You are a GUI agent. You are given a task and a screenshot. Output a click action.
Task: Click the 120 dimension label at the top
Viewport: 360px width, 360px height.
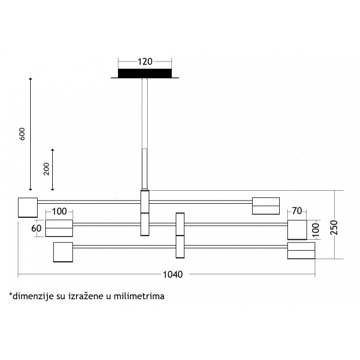pos(145,61)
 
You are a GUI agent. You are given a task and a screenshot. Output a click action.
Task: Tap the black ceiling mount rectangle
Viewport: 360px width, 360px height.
pos(144,73)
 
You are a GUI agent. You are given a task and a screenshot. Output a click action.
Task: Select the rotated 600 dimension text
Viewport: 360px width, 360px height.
pos(22,134)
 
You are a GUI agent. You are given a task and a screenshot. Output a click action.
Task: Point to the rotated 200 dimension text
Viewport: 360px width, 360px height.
pos(46,169)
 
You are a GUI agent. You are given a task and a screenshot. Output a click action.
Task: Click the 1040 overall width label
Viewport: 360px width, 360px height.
pos(172,274)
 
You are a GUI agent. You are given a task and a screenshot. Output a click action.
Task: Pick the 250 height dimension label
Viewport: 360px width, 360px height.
pos(334,227)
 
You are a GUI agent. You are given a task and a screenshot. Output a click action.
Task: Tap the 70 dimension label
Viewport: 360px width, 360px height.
pos(297,211)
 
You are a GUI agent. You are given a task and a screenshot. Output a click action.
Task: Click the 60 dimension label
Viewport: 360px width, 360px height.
pos(36,228)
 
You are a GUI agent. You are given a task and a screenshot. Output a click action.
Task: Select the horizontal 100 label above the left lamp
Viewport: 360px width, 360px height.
pos(59,211)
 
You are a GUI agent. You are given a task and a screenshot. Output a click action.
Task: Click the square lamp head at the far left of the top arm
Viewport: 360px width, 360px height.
pos(28,207)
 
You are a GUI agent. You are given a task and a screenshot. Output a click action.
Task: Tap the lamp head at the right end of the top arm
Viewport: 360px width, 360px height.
pos(266,206)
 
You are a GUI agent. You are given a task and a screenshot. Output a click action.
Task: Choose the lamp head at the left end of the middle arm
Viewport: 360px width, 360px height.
pos(59,228)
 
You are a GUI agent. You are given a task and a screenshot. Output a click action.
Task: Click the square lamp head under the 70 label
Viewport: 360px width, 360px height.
pos(297,230)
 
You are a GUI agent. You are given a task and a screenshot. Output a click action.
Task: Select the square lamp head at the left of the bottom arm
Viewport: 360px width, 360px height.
pos(63,252)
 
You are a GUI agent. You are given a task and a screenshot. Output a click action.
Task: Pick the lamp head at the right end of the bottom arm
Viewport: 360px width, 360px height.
pos(301,251)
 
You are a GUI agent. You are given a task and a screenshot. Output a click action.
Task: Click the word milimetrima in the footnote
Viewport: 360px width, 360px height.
pos(139,296)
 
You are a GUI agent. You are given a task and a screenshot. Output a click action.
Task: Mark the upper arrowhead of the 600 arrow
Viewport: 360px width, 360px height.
pos(30,79)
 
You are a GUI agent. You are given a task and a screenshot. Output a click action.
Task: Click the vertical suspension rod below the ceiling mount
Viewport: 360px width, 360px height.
pos(144,134)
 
